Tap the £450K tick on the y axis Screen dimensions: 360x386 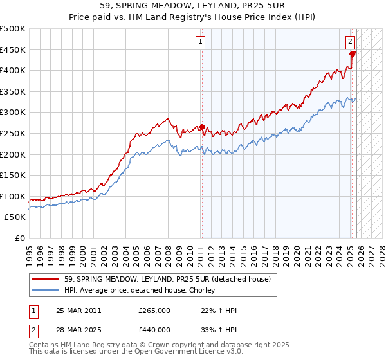(x=14, y=50)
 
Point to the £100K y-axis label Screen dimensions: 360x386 (x=14, y=196)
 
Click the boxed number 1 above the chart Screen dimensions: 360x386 (x=201, y=42)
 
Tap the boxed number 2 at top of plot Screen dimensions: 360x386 (x=351, y=42)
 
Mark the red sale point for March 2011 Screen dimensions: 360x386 (x=202, y=127)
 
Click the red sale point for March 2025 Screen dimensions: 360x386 (x=353, y=54)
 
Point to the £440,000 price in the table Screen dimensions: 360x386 (x=154, y=330)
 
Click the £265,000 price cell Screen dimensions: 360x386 (x=154, y=311)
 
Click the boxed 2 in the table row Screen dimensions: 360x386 (x=33, y=330)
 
